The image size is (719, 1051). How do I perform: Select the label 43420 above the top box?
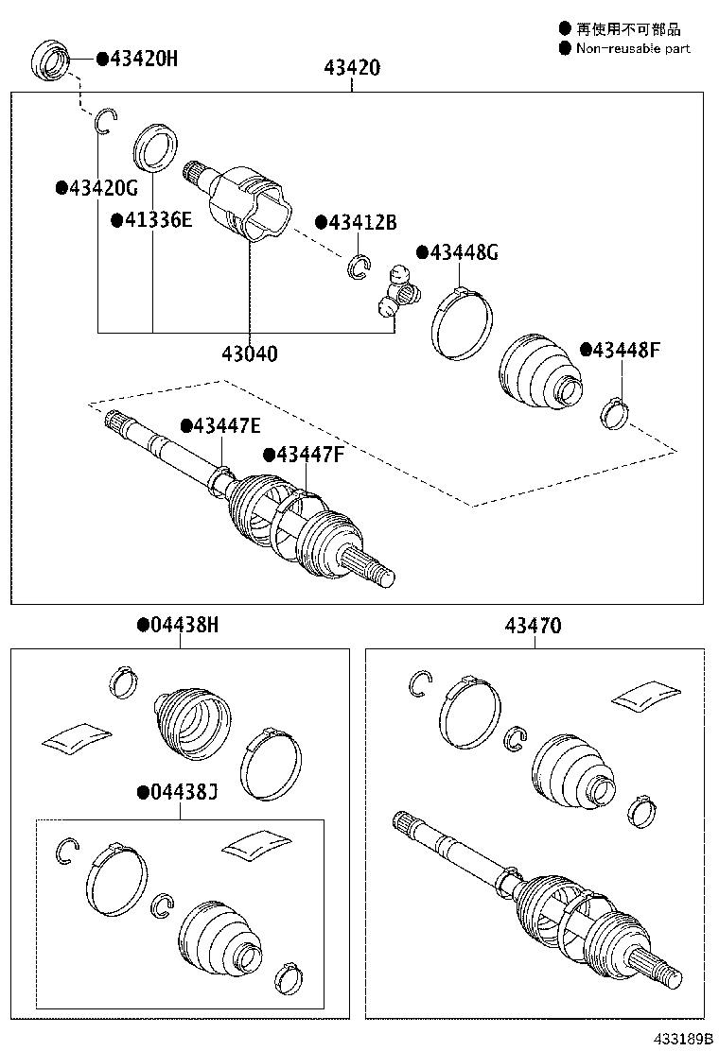tap(352, 68)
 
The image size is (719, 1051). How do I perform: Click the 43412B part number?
tap(362, 223)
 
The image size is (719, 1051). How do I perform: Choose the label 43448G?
tap(465, 252)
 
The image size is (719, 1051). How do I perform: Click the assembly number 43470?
tap(534, 625)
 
